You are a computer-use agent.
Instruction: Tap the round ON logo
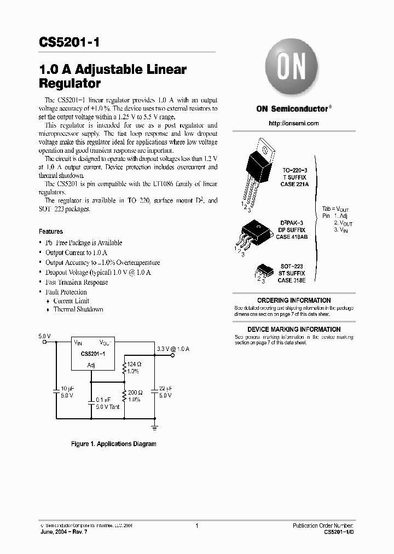292,68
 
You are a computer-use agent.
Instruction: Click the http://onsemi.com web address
293,123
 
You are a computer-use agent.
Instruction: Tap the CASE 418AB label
292,237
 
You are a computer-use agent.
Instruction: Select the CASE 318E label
291,280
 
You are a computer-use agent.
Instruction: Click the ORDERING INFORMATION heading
294,301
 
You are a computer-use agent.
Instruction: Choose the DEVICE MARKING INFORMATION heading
294,330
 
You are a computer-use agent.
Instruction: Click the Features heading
50,232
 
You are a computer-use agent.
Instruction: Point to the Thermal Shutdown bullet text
78,309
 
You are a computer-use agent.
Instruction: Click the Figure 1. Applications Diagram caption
114,444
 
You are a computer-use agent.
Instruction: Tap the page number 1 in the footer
196,526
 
